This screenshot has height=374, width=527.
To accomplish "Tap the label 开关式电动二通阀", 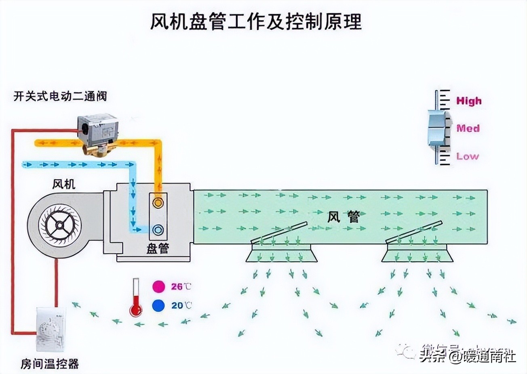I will pos(60,96).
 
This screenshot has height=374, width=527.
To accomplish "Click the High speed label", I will pos(469,101).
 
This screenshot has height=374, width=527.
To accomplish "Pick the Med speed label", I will pos(468,128).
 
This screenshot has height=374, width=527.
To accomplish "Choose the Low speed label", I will pos(468,156).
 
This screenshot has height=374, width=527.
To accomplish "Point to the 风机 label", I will pos(64,184).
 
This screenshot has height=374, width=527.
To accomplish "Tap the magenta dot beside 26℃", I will pos(158,287).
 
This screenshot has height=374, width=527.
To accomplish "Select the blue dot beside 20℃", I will pos(158,306).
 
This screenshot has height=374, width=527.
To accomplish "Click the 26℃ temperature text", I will pos(181,287).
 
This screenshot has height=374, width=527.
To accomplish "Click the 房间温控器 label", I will pos(50,363).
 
